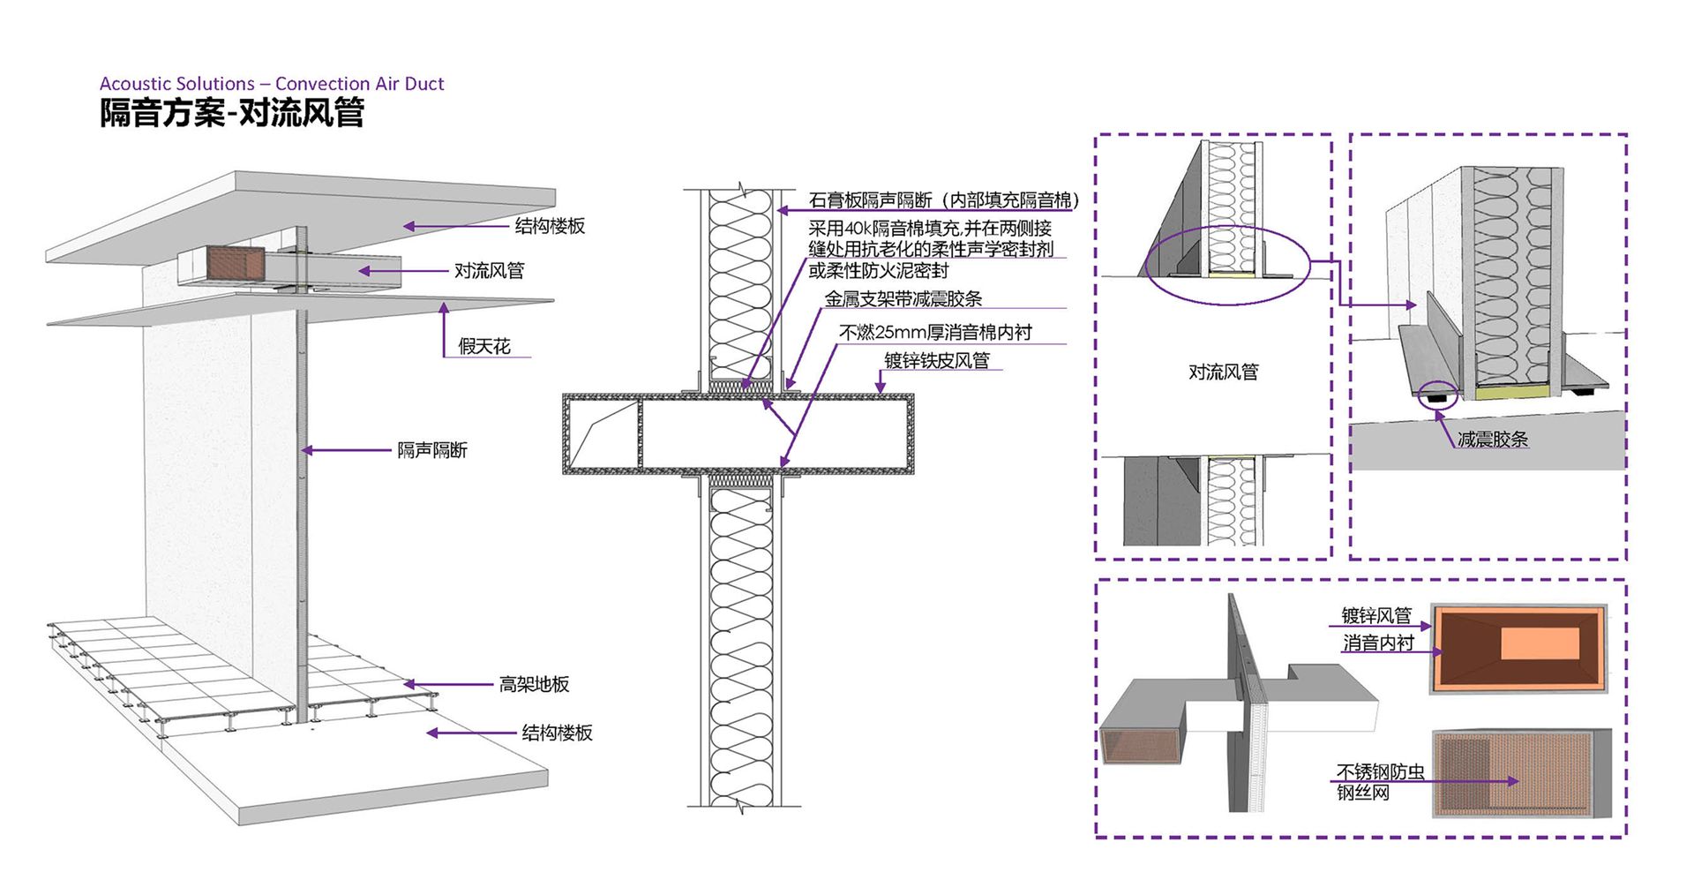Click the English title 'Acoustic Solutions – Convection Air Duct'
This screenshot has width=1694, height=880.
click(x=272, y=84)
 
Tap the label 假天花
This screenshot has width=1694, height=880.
click(x=484, y=347)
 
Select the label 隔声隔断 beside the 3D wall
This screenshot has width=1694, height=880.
click(x=431, y=450)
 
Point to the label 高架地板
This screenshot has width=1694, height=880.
click(x=534, y=684)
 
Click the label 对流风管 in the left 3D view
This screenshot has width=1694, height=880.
click(x=489, y=271)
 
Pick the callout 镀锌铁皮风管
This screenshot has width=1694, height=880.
click(x=937, y=360)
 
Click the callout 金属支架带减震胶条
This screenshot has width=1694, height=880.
click(x=903, y=299)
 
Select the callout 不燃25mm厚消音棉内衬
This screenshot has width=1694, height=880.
click(x=935, y=333)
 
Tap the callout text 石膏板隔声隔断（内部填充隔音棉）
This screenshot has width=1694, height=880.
click(x=943, y=200)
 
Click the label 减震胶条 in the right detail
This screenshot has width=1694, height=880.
click(x=1492, y=440)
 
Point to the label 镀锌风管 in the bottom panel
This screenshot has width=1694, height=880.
click(x=1376, y=615)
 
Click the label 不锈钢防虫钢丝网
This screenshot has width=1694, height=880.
click(x=1379, y=782)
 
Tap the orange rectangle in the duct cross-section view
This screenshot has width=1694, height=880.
click(x=1540, y=644)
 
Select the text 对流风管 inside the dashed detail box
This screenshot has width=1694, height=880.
click(x=1223, y=372)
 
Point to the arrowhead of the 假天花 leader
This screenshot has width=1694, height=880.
click(x=444, y=307)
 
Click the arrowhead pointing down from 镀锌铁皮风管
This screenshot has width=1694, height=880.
click(x=880, y=387)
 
